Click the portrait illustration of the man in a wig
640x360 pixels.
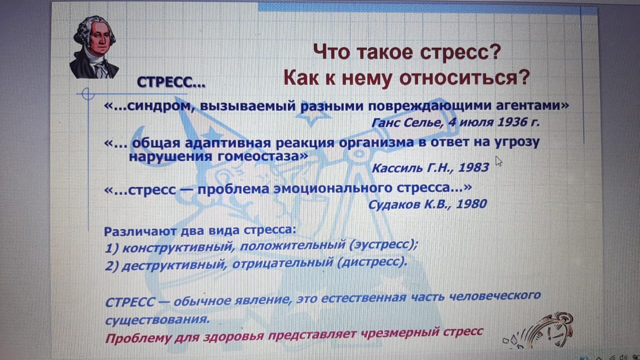[x=94, y=47]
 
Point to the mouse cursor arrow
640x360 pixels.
[x=498, y=161]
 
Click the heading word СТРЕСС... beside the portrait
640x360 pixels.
[x=171, y=82]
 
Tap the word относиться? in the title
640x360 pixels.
[x=464, y=77]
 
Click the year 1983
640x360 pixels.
[x=473, y=167]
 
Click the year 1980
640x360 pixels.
[x=471, y=204]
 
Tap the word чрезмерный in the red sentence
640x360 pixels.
[x=399, y=332]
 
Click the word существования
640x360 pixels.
[x=157, y=320]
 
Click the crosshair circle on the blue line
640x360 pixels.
[x=87, y=94]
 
